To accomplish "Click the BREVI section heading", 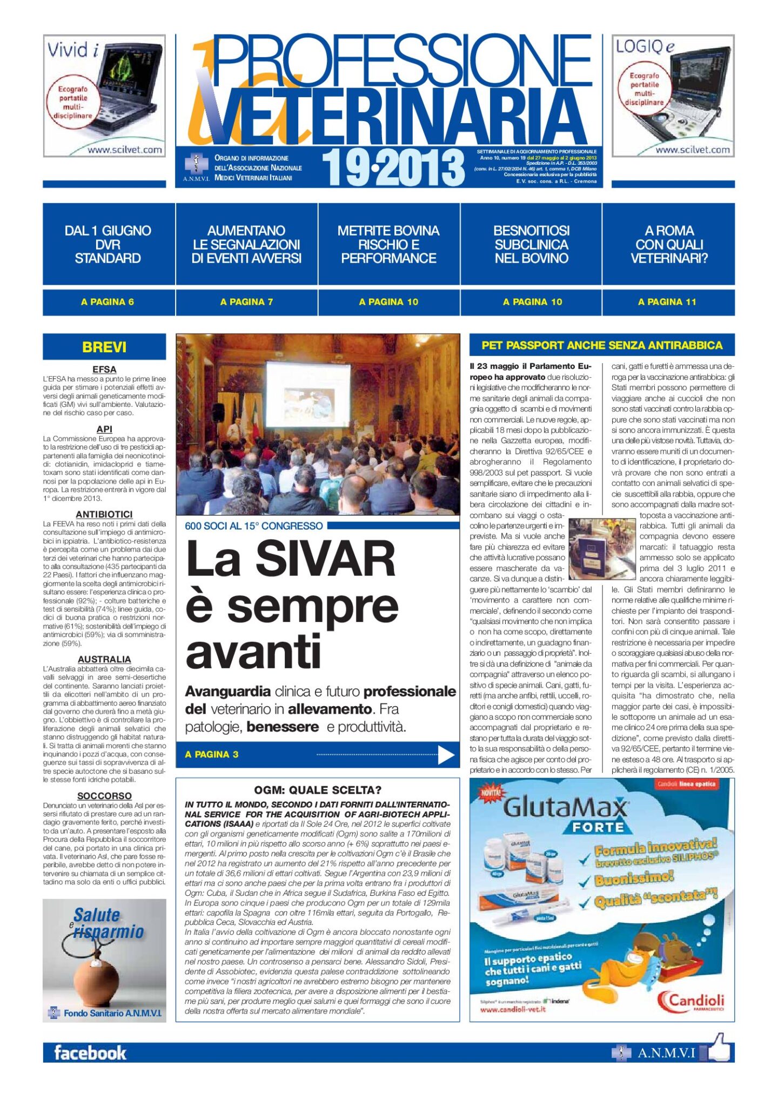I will coord(104,347).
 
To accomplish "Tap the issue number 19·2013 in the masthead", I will coord(393,168).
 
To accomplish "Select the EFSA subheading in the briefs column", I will coord(104,370).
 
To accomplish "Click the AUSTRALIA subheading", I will coord(104,659).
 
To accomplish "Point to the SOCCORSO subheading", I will coord(104,796).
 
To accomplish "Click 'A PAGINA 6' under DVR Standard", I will coord(108,302).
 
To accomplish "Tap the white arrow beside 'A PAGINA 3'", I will coord(446,755).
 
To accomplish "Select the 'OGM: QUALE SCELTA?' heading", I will coord(318,790).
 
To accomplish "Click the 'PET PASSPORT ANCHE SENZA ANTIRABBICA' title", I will coord(602,345).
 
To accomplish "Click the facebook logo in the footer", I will coord(90,1053).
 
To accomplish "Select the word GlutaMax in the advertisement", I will coord(565,809).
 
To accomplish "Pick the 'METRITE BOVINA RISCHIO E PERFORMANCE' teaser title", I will coord(388,244).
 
